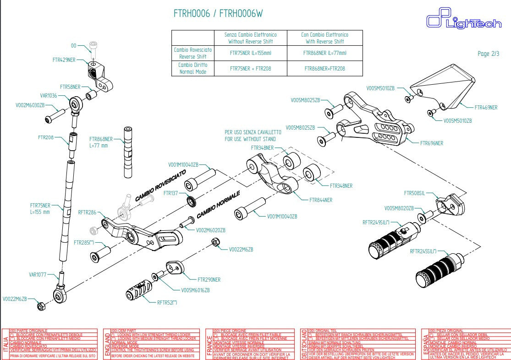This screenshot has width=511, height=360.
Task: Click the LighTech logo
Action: (464, 20)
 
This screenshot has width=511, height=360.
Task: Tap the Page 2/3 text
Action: (488, 54)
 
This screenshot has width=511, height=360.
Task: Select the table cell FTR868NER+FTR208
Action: (324, 68)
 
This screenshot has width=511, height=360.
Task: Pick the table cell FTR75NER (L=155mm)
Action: (250, 53)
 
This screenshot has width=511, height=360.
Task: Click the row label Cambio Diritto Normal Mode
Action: (192, 68)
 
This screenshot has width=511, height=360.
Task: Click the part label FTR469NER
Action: (486, 108)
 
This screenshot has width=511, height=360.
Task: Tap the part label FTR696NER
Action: (432, 143)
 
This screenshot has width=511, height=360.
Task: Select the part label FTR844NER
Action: (321, 200)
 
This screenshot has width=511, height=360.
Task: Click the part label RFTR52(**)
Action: (167, 302)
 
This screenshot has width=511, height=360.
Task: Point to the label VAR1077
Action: (38, 275)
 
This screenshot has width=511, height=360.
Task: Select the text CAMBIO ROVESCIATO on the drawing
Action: (160, 185)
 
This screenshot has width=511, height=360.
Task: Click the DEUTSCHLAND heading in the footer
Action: (303, 344)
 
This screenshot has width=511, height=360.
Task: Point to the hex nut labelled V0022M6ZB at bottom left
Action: (40, 305)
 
